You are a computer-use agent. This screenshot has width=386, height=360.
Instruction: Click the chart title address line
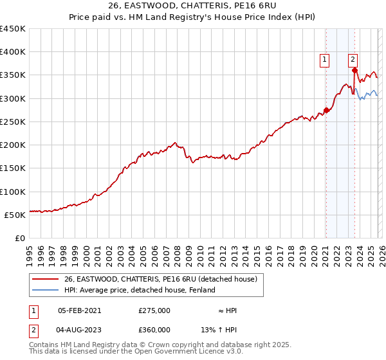193,5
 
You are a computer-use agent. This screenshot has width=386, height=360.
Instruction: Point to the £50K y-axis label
15,215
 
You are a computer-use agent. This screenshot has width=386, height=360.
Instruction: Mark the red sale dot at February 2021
326,110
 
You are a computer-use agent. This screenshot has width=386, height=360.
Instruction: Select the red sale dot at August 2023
354,71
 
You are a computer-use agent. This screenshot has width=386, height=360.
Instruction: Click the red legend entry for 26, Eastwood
160,279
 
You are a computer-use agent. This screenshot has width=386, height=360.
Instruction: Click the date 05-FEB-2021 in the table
80,310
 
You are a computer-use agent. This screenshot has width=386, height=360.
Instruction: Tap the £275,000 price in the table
154,310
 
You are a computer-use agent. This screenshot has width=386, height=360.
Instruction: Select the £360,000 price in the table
154,329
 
